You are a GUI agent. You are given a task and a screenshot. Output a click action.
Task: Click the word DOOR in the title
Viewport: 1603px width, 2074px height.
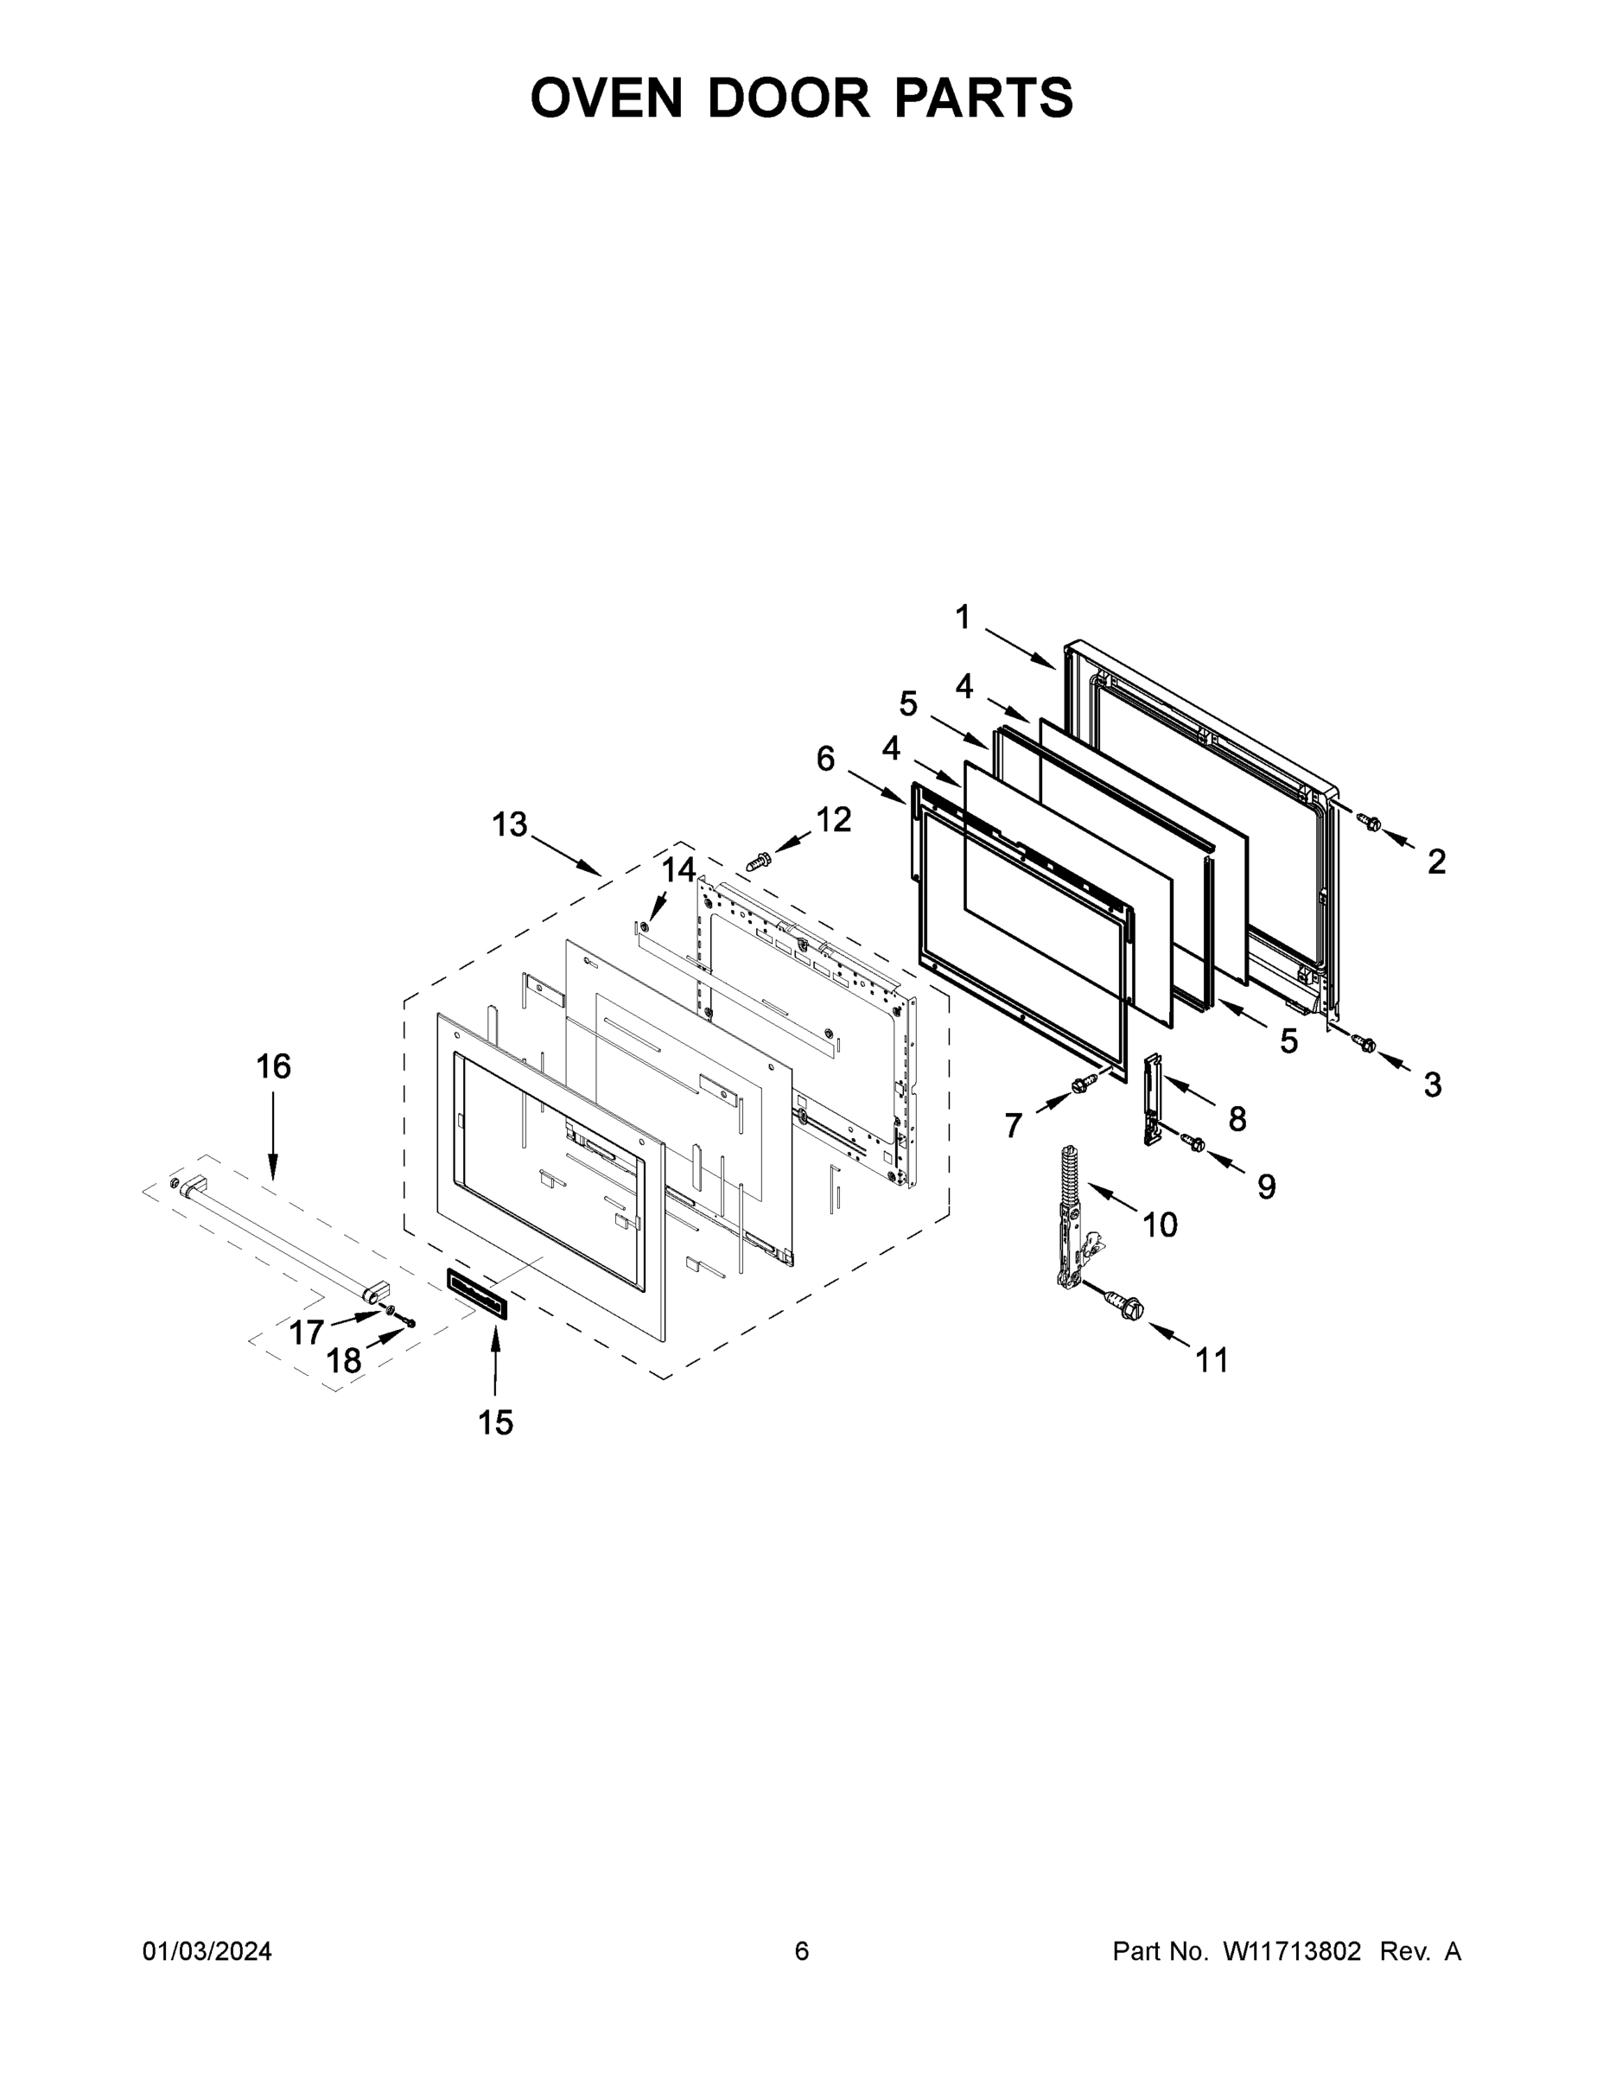coord(787,98)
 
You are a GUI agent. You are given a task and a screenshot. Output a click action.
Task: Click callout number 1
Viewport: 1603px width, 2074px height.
coord(963,618)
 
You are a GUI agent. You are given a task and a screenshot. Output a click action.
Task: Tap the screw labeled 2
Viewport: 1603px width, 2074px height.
coord(1369,822)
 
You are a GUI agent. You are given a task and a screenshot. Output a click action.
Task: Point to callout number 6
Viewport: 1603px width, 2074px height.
coord(825,759)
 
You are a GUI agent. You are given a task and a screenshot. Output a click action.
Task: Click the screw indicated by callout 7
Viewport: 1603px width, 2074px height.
coord(1079,1084)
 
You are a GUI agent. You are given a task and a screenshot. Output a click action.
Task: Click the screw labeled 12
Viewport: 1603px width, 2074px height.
coord(759,862)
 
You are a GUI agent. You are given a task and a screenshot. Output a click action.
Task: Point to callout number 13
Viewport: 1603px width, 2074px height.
coord(509,825)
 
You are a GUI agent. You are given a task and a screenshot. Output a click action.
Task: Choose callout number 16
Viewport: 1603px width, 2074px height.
coord(273,1067)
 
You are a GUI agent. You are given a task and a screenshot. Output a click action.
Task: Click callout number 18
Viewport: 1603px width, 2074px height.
coord(344,1362)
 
